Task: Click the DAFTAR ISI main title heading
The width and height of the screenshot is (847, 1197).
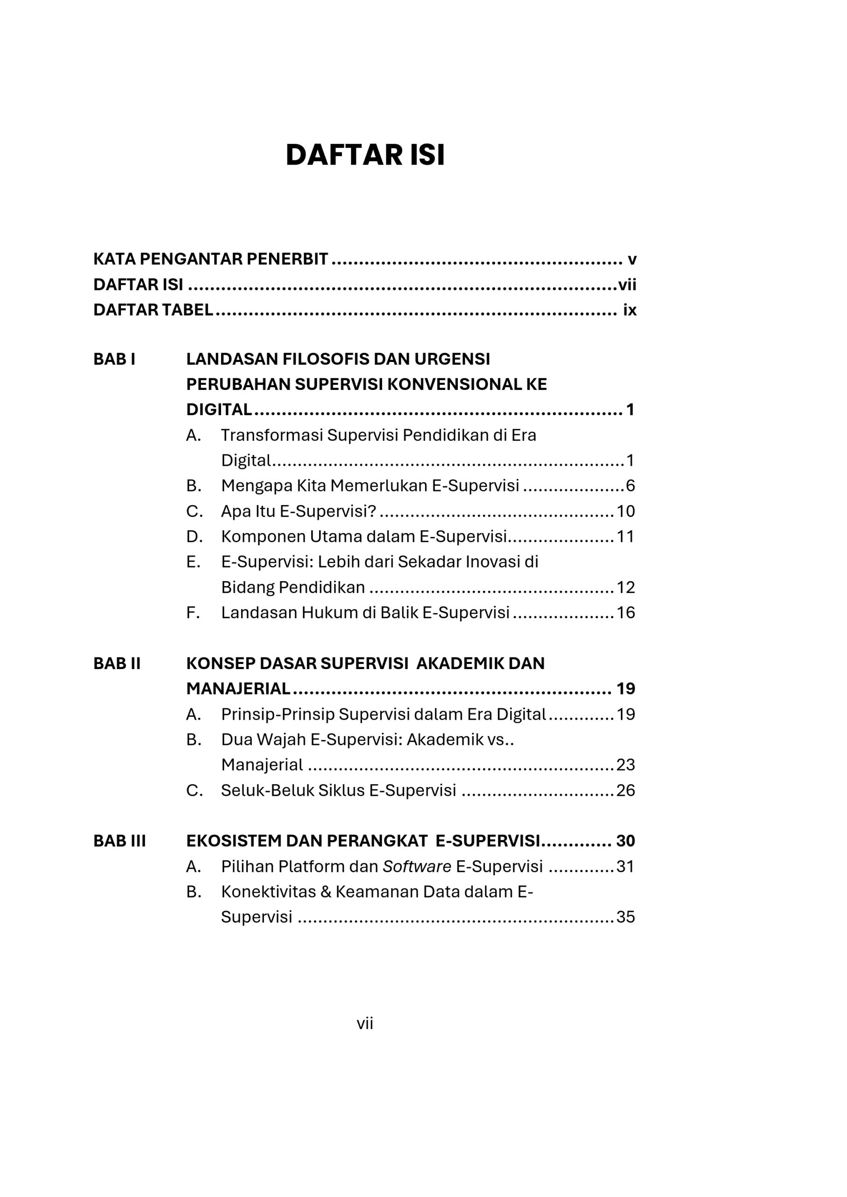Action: (x=365, y=155)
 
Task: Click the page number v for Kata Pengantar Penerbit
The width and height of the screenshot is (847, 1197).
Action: (x=632, y=260)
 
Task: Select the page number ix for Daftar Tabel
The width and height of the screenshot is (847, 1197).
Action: (x=629, y=310)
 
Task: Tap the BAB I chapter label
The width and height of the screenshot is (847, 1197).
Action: (x=114, y=359)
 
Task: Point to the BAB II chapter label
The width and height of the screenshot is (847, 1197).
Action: (x=117, y=663)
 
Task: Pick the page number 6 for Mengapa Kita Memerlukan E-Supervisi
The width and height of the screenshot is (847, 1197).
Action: (x=630, y=486)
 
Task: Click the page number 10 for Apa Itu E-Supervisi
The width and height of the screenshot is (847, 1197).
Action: (x=626, y=511)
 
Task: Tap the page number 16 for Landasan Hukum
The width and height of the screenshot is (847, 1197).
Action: (x=626, y=613)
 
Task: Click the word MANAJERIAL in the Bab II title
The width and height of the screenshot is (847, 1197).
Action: (x=238, y=689)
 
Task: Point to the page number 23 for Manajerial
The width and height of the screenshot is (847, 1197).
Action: (x=626, y=765)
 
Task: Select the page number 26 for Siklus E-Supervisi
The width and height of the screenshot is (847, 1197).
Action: (x=626, y=790)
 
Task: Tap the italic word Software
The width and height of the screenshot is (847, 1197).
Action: (x=417, y=866)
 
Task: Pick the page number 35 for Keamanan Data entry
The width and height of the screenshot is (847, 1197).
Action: (x=626, y=917)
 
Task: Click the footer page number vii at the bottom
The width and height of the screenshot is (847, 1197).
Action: (x=364, y=1024)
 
